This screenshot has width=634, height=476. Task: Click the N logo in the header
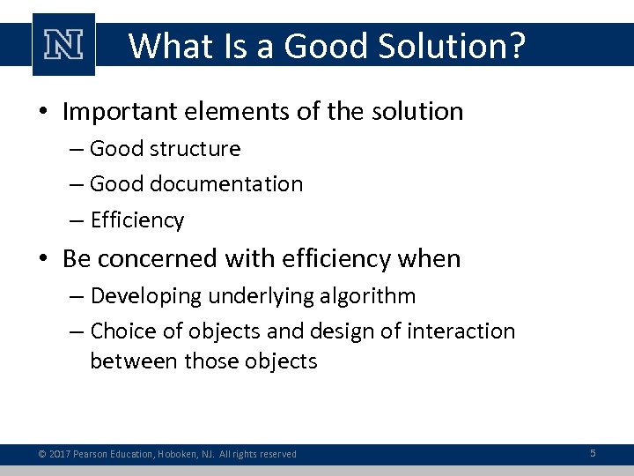point(63,44)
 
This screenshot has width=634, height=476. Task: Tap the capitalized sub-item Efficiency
point(137,220)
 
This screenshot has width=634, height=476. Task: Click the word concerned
point(165,259)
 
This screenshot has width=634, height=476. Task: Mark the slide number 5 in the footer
point(593,453)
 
